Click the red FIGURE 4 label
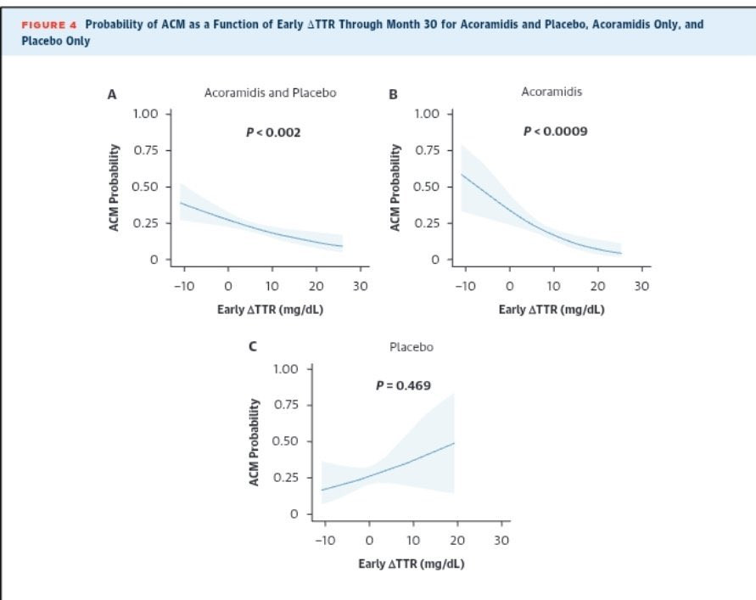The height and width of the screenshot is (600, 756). click(49, 25)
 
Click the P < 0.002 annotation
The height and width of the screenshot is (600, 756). click(272, 132)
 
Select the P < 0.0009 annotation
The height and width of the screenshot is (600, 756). click(555, 132)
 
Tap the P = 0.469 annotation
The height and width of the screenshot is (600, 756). click(403, 385)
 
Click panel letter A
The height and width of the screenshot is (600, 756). click(111, 95)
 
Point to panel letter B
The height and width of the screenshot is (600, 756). click(393, 95)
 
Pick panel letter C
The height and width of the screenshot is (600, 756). click(252, 348)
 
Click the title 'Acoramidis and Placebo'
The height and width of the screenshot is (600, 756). click(270, 93)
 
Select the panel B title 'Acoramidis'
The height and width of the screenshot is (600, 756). click(552, 92)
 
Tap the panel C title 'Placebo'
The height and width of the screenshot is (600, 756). click(411, 347)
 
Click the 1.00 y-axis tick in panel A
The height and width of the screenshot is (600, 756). click(145, 114)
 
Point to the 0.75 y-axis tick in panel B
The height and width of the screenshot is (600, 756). click(427, 150)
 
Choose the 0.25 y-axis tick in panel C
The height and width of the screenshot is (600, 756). click(286, 477)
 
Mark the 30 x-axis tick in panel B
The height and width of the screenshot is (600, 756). click(641, 286)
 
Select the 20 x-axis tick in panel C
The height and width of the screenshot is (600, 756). click(457, 541)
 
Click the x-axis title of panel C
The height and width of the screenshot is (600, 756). click(411, 564)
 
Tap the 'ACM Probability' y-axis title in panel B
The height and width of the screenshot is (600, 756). click(395, 187)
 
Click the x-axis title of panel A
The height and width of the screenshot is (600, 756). click(270, 309)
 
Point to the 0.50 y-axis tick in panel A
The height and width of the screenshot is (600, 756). click(145, 187)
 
